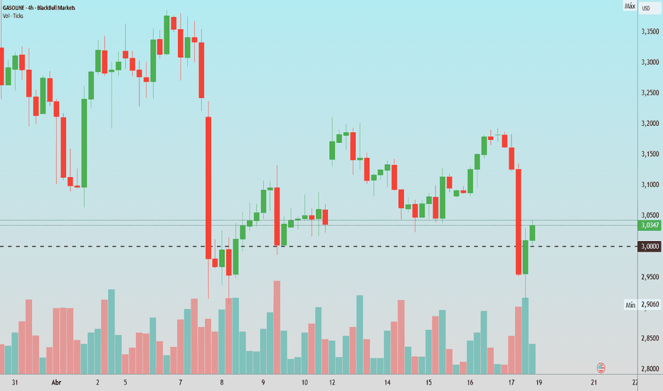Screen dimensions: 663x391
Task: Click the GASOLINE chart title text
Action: click(39, 8)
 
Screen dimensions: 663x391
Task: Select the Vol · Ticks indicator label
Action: click(13, 16)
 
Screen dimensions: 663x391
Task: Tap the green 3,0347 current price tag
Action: click(650, 225)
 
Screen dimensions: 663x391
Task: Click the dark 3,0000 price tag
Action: click(650, 247)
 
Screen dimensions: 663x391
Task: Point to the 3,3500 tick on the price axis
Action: click(650, 32)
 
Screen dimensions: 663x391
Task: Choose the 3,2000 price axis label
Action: click(650, 124)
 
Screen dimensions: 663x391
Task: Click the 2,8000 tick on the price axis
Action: click(650, 368)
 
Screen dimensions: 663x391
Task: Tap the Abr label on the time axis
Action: click(56, 382)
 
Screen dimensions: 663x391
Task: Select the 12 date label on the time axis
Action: click(332, 382)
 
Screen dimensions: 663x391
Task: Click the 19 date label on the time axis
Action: click(539, 382)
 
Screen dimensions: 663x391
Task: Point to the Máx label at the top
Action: click(630, 6)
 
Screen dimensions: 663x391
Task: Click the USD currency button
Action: click(646, 8)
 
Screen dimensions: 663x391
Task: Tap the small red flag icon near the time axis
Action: click(601, 368)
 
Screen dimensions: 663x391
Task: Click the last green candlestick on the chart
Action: click(532, 233)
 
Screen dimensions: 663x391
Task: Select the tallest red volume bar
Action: click(277, 327)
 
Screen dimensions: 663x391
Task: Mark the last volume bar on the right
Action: click(532, 359)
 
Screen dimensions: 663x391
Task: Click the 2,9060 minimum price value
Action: click(650, 304)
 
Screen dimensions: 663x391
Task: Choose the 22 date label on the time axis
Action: click(635, 382)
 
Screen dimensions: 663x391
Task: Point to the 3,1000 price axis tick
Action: click(650, 185)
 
